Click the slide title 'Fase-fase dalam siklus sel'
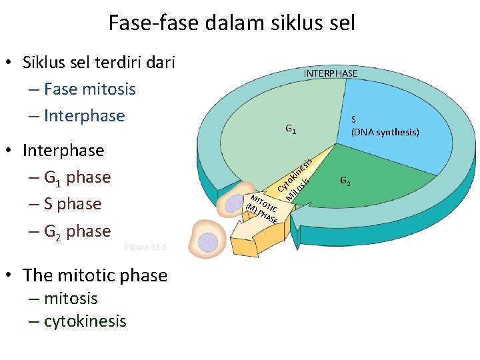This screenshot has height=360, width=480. [x=232, y=23]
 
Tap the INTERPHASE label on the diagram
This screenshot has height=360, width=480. [x=331, y=73]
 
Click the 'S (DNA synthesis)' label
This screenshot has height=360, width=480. [x=385, y=125]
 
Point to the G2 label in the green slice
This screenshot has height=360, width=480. [x=346, y=180]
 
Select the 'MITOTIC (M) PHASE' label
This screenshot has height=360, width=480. [x=262, y=209]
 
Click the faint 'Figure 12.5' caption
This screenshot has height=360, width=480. [x=147, y=247]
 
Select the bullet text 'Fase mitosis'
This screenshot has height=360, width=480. [x=89, y=89]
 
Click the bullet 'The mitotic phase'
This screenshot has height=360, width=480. [x=95, y=275]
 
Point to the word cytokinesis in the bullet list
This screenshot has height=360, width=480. [x=85, y=321]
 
